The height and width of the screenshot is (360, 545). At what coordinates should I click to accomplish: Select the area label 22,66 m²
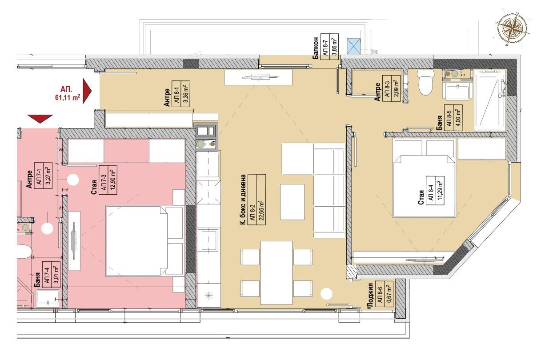tap(261, 200)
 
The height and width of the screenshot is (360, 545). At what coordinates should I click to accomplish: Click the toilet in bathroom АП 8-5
tap(425, 83)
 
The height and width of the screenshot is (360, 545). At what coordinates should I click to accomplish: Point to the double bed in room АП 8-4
tap(425, 186)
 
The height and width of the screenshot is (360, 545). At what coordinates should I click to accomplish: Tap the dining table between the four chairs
tap(276, 272)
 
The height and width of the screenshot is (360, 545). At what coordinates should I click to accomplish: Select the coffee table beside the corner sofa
tap(292, 201)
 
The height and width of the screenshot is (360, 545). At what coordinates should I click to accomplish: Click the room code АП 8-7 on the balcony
tap(325, 45)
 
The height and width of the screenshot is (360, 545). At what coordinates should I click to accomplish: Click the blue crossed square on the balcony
tap(355, 45)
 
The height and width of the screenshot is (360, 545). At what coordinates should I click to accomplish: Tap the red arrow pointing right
tap(87, 91)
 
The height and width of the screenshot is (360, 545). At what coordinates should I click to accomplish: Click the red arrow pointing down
tap(40, 119)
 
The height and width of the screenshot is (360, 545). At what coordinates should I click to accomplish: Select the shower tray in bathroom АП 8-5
tap(490, 100)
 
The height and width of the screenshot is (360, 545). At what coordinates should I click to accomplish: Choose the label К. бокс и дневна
tap(243, 200)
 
